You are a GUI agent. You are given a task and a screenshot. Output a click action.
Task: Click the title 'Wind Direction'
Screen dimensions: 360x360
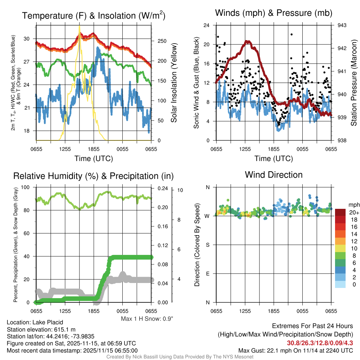pyautogui.click(x=274, y=175)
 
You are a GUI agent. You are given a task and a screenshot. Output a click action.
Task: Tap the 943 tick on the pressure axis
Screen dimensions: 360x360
pyautogui.click(x=342, y=25)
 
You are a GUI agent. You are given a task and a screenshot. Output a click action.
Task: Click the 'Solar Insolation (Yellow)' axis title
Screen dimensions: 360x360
pyautogui.click(x=174, y=83)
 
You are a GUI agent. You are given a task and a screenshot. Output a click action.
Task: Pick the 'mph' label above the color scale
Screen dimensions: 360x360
pyautogui.click(x=353, y=205)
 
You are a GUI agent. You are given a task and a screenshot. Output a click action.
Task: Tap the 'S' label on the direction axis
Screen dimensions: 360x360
pyautogui.click(x=208, y=245)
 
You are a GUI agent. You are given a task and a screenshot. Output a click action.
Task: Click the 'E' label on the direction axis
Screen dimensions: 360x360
pyautogui.click(x=208, y=274)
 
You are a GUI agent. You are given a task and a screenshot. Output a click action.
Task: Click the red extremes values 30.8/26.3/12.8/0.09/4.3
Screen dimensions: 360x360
pyautogui.click(x=320, y=343)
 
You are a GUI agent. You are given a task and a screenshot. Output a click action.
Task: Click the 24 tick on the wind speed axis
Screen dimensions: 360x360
pyautogui.click(x=207, y=25)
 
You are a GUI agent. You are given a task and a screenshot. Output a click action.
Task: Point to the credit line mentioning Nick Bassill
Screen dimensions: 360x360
pyautogui.click(x=180, y=357)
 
